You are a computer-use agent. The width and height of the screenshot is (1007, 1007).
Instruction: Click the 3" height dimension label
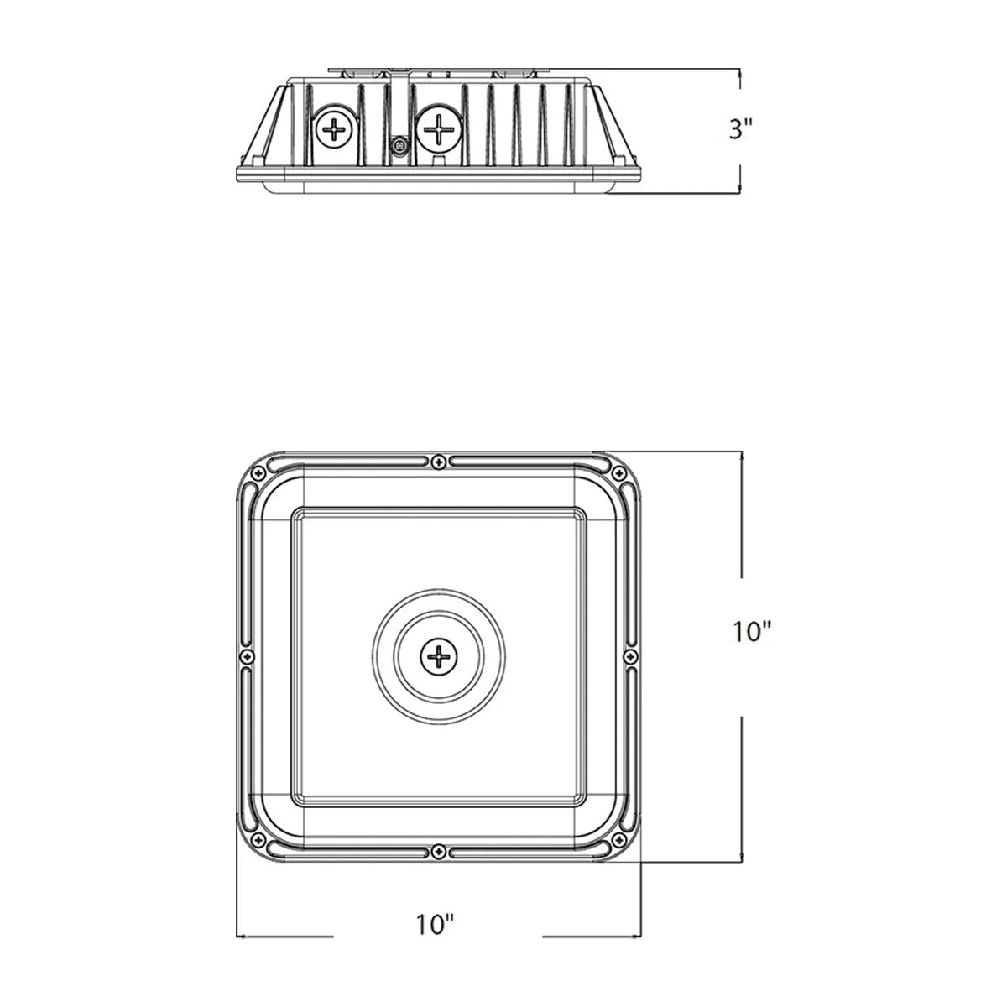tap(740, 129)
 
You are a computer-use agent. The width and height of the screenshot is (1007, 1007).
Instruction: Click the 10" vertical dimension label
tap(751, 632)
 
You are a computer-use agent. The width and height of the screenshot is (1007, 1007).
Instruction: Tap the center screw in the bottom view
tap(438, 656)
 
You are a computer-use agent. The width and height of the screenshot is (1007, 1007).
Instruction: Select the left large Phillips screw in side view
tap(335, 128)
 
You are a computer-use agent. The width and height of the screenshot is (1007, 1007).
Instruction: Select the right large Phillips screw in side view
tap(439, 129)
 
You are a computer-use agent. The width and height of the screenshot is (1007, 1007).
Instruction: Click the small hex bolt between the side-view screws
tap(399, 144)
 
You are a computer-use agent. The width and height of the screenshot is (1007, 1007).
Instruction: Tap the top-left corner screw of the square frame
tap(258, 474)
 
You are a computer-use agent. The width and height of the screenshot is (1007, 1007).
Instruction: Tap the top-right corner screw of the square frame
tap(618, 474)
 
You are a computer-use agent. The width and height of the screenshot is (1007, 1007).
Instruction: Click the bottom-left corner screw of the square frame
tap(258, 840)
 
